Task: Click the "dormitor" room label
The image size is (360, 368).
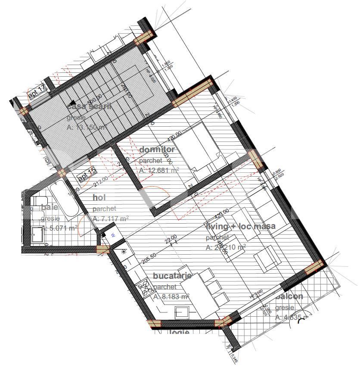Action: point(157,150)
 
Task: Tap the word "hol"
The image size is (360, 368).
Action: point(99,198)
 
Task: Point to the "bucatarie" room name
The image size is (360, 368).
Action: point(172,276)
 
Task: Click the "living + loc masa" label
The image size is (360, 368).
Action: point(241,226)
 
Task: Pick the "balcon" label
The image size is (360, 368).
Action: point(289,296)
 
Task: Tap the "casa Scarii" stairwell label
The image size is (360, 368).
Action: point(89,106)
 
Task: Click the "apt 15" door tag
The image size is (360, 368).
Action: point(87,176)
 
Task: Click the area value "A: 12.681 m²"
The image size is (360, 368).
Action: point(159,170)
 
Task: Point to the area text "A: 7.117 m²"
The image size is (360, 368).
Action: point(111,219)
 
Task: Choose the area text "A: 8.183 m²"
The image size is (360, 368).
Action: point(171,297)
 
